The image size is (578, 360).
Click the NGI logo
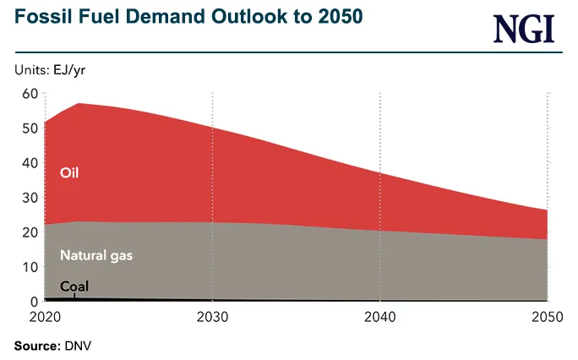pos(524,30)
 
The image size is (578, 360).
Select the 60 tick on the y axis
pos(30,94)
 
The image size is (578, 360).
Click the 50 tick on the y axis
pos(30,128)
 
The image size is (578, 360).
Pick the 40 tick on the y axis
pos(30,163)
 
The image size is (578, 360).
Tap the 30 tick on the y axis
pos(30,198)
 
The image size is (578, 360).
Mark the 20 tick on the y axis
pos(30,232)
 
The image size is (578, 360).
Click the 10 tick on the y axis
pos(30,267)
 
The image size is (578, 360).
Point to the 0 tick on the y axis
pos(34,302)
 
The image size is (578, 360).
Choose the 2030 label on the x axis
pos(211,318)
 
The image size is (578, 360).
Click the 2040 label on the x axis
pos(379,318)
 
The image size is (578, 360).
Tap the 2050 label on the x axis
pos(548,318)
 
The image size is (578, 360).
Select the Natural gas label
pos(96,254)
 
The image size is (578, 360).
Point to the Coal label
pos(74,286)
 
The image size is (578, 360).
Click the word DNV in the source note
pos(74,346)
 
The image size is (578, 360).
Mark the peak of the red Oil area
pos(78,104)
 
